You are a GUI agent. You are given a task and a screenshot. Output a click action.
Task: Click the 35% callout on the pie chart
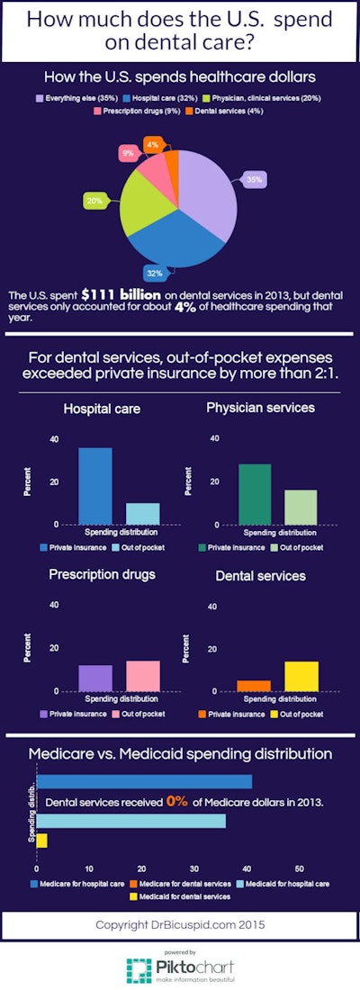256,180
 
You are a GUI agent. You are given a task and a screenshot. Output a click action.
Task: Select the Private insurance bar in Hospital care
95,486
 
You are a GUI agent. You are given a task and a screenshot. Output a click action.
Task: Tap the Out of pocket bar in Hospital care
142,513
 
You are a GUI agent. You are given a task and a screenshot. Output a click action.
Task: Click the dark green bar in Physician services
255,494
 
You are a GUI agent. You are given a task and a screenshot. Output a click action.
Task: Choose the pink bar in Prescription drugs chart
142,675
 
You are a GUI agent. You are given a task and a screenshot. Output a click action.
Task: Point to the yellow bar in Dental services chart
301,676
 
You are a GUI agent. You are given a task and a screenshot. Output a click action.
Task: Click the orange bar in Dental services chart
254,686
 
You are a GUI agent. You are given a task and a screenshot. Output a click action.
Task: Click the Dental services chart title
261,575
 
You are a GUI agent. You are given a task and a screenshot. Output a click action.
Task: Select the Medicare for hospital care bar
144,781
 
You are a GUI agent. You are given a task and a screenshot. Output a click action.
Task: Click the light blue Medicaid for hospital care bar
130,822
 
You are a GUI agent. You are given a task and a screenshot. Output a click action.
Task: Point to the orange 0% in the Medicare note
176,801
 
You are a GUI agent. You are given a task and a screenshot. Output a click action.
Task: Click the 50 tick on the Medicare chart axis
299,869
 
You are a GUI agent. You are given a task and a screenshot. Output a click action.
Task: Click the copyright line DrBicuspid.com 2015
180,925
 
